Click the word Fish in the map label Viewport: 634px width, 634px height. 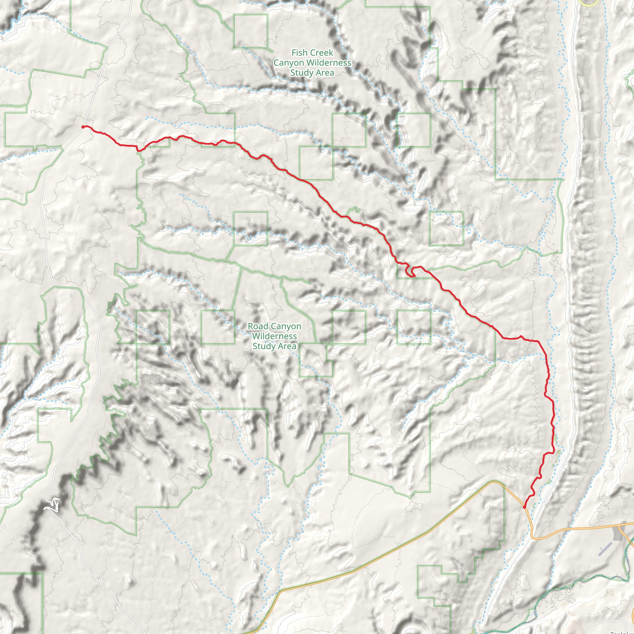300,53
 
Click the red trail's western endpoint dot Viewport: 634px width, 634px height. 83,127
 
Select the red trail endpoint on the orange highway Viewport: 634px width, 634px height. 524,507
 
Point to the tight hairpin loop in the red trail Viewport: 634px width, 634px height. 410,272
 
